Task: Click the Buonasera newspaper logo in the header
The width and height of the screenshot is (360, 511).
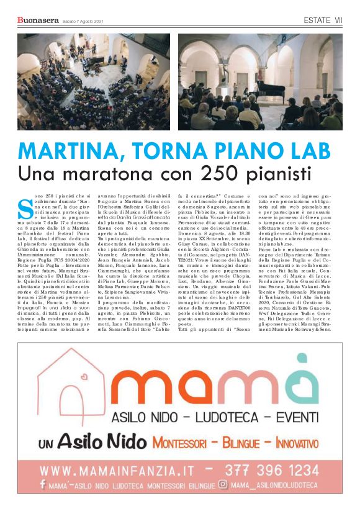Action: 38,22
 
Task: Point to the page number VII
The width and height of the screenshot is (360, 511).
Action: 338,21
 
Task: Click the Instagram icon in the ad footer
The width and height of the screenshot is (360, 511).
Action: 223,485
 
